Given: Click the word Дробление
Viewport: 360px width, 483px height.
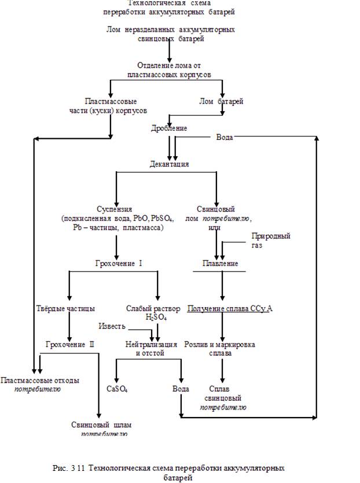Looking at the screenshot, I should click(x=169, y=128).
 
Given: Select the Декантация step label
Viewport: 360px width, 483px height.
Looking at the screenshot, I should click(x=170, y=164).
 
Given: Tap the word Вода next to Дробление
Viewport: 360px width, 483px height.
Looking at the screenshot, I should click(x=225, y=137).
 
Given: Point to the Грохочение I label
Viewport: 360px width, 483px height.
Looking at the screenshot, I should click(x=119, y=264).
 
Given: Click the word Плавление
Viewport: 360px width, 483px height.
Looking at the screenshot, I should click(x=219, y=263).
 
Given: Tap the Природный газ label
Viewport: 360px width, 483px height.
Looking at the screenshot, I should click(x=270, y=241).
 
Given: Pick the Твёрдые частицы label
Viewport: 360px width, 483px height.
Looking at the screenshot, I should click(x=65, y=308).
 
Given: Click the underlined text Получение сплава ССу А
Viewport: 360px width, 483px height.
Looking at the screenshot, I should click(x=229, y=308).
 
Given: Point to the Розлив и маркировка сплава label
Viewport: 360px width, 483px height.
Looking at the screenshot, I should click(x=220, y=348).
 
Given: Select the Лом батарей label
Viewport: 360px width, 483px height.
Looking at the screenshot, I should click(x=221, y=101).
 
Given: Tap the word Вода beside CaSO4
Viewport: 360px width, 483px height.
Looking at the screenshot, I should click(x=181, y=389).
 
